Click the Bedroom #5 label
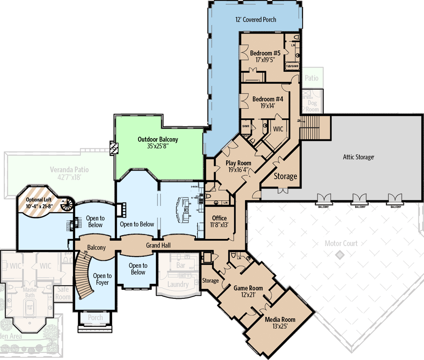pyautogui.click(x=265, y=53)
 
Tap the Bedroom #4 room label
pyautogui.click(x=267, y=99)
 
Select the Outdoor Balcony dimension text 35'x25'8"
pyautogui.click(x=158, y=146)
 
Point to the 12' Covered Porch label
pyautogui.click(x=256, y=20)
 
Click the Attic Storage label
pyautogui.click(x=358, y=157)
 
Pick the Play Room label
pyautogui.click(x=238, y=163)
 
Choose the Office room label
pyautogui.click(x=219, y=218)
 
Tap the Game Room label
pyautogui.click(x=248, y=288)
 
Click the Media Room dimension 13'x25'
pyautogui.click(x=280, y=326)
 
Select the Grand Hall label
pyautogui.click(x=158, y=245)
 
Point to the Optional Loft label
pyautogui.click(x=39, y=200)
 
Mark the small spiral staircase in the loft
pyautogui.click(x=67, y=204)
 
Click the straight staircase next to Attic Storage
pyautogui.click(x=310, y=127)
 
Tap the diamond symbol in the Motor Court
pyautogui.click(x=340, y=255)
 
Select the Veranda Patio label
pyautogui.click(x=69, y=170)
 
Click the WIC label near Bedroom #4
pyautogui.click(x=278, y=129)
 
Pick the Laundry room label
pyautogui.click(x=178, y=284)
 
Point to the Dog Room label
pyautogui.click(x=312, y=106)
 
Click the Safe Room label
pyautogui.click(x=63, y=293)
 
